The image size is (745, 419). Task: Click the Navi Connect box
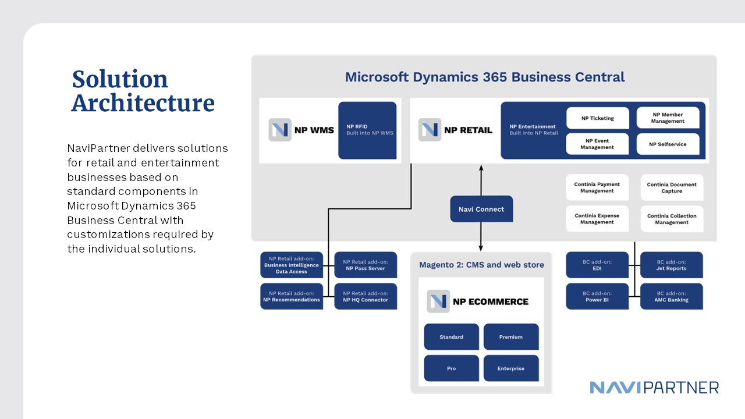(481, 209)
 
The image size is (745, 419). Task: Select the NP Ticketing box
(597, 118)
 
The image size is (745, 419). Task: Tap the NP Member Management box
(668, 118)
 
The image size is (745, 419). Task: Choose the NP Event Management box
(597, 144)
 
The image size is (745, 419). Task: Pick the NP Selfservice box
(668, 144)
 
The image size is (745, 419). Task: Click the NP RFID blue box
(367, 130)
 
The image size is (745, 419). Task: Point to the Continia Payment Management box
(597, 187)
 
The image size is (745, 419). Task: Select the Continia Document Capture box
(672, 187)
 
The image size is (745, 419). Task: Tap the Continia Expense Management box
(597, 219)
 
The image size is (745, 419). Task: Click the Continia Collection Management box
(672, 219)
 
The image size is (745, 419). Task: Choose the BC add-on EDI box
(597, 265)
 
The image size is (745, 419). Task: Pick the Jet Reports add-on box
(672, 265)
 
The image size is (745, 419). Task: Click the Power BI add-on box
(597, 296)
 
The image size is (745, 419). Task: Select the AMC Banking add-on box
(672, 296)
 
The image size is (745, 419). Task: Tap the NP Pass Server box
(366, 265)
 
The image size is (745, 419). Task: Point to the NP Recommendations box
(292, 296)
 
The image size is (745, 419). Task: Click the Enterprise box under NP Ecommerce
(511, 368)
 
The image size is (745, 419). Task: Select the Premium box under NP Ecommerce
(511, 337)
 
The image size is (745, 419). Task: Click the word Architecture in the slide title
(143, 103)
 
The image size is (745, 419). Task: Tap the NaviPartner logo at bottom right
(654, 388)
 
